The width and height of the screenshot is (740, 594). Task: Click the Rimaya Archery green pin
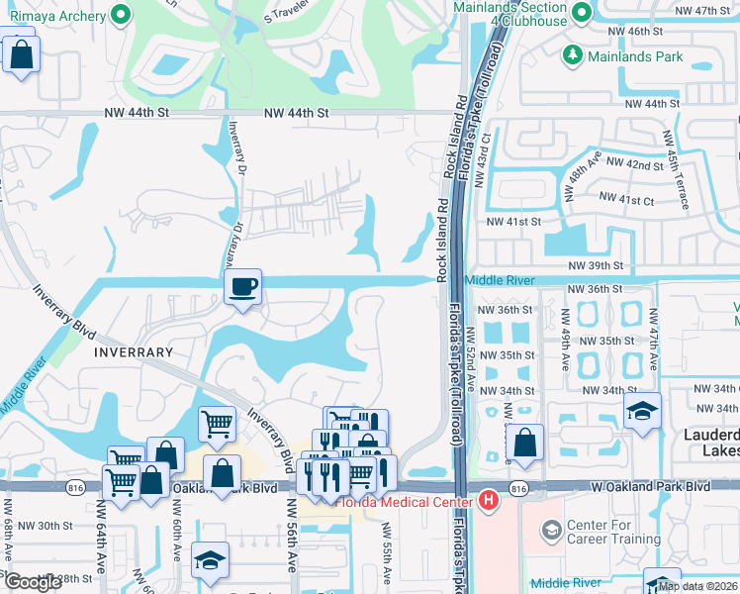[121, 15]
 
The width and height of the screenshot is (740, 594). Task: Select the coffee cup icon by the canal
[242, 288]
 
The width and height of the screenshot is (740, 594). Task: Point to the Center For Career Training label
[613, 532]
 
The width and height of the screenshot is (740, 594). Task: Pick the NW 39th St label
[596, 266]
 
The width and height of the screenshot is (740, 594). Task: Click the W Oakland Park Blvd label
[653, 487]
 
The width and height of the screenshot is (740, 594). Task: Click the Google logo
[33, 582]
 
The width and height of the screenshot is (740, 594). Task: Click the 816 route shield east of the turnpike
[516, 488]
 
